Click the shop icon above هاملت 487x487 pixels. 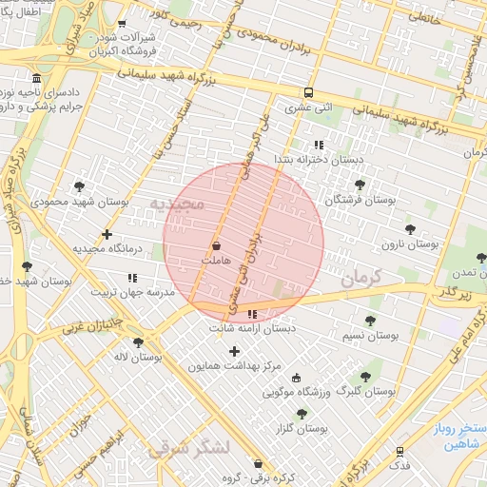pos(216,244)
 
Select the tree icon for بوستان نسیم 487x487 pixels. pos(370,321)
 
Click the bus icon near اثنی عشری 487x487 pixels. pos(308,93)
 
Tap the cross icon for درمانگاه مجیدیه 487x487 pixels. pos(107,234)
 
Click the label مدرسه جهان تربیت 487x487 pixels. pos(132,292)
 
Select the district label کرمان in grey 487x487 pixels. pos(359,277)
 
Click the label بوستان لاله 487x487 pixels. pos(138,357)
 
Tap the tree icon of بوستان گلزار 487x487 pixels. pos(302,414)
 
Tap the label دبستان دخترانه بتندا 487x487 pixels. pos(320,159)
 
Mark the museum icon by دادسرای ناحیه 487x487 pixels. pos(36,78)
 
